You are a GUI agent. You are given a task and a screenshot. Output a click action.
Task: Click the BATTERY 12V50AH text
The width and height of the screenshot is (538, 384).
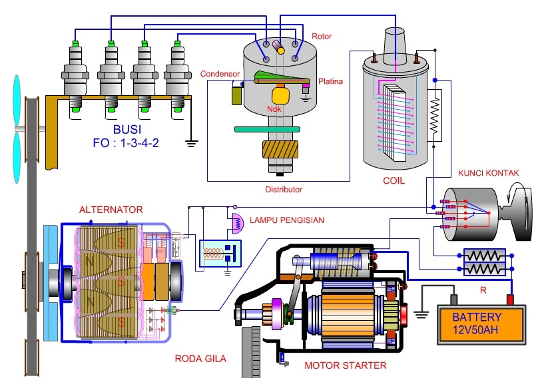476,323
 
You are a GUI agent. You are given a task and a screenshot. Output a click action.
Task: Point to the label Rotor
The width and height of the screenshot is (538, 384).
321,36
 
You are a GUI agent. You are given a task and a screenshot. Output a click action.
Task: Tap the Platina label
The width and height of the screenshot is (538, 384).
330,81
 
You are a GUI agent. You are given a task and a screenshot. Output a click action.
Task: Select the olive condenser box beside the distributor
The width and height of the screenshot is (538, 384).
236,95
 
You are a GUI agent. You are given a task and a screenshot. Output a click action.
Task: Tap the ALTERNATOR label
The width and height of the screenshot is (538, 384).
111,210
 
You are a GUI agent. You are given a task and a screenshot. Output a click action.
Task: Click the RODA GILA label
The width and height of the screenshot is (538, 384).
200,359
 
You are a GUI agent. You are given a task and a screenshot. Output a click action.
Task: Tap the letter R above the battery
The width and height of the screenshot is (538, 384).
483,289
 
